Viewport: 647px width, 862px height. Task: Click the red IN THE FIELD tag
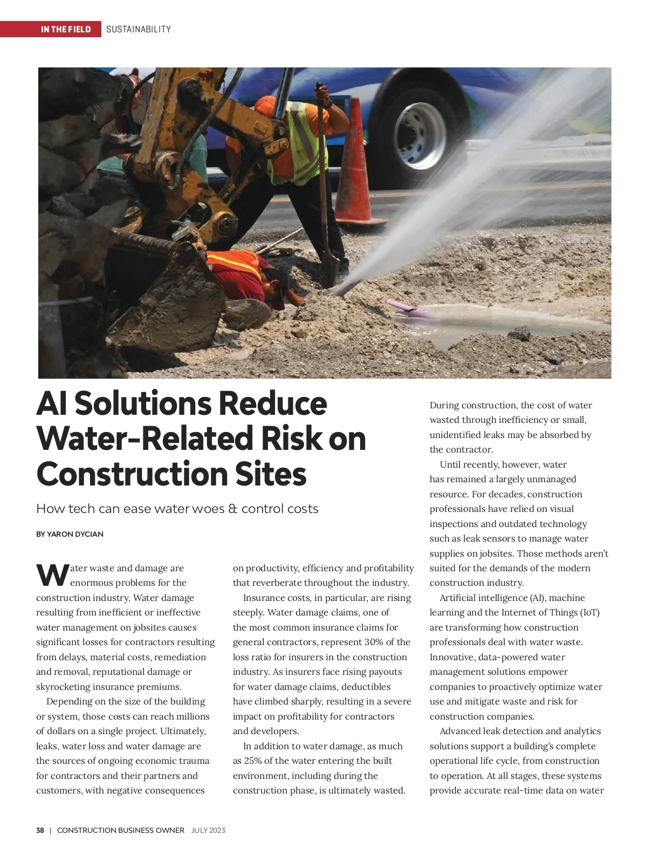pyautogui.click(x=66, y=29)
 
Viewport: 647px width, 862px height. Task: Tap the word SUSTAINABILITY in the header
pyautogui.click(x=139, y=29)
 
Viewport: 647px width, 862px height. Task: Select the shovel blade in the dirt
pyautogui.click(x=328, y=270)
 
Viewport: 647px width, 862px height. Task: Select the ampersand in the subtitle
pyautogui.click(x=232, y=509)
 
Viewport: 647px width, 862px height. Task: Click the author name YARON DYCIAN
pyautogui.click(x=75, y=534)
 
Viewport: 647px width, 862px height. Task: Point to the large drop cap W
pyautogui.click(x=52, y=575)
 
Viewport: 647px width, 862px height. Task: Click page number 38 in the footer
pyautogui.click(x=40, y=830)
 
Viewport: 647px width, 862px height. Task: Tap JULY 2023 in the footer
pyautogui.click(x=209, y=830)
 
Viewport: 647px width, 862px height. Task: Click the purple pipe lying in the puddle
pyautogui.click(x=410, y=308)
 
